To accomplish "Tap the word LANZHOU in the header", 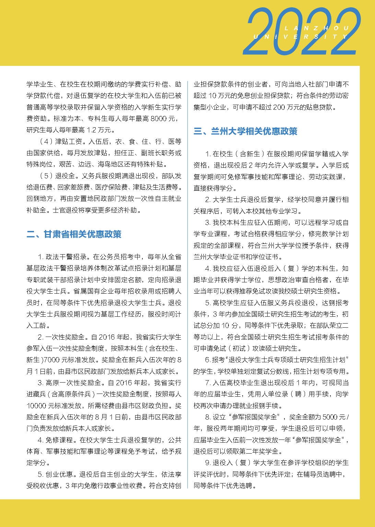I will (x=317, y=28).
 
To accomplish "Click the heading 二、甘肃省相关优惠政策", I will (x=74, y=234).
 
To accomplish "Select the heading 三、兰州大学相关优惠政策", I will (x=245, y=131).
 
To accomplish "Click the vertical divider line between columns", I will (x=187, y=284).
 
